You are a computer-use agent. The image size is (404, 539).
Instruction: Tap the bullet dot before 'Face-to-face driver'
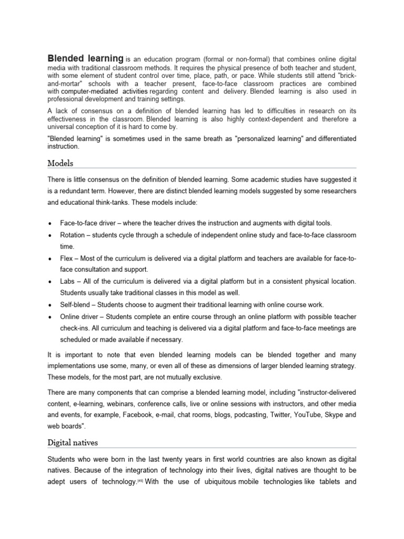pyautogui.click(x=49, y=224)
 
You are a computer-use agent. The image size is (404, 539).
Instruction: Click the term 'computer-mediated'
pyautogui.click(x=90, y=92)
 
